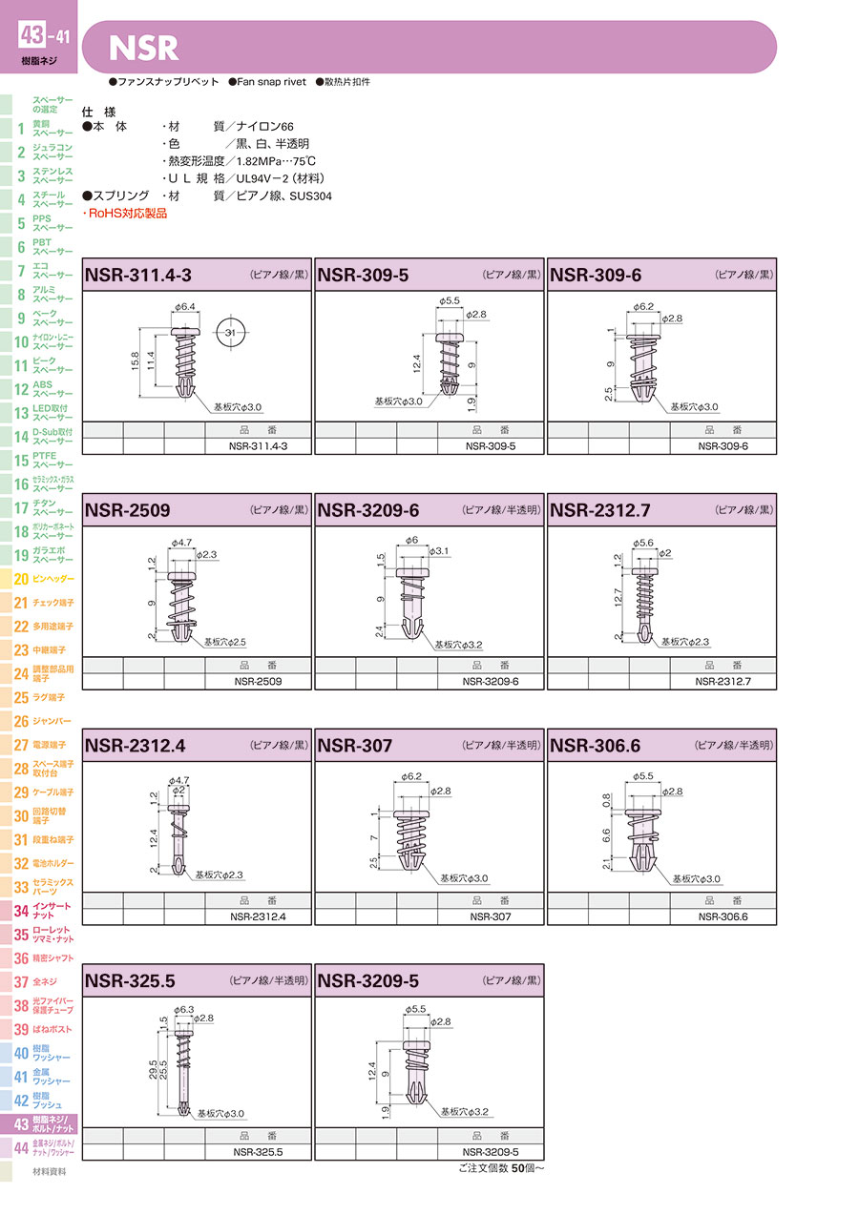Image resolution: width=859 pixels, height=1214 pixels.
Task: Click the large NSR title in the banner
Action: pyautogui.click(x=144, y=48)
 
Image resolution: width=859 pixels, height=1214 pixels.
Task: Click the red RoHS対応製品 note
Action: pyautogui.click(x=125, y=213)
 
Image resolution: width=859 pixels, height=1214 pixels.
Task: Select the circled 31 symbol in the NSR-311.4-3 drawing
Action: pyautogui.click(x=230, y=332)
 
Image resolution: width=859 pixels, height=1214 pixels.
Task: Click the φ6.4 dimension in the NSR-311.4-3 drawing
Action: pyautogui.click(x=185, y=307)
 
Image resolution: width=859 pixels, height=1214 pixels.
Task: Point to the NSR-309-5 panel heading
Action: pyautogui.click(x=363, y=275)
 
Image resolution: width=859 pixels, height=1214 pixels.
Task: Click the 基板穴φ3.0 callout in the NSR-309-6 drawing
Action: pyautogui.click(x=694, y=406)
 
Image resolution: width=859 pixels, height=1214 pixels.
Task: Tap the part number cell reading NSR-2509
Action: pyautogui.click(x=258, y=681)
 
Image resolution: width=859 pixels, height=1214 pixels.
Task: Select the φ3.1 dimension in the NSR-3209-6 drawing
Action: pyautogui.click(x=439, y=551)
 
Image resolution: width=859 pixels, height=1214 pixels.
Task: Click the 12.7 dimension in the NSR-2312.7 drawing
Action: pyautogui.click(x=618, y=598)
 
